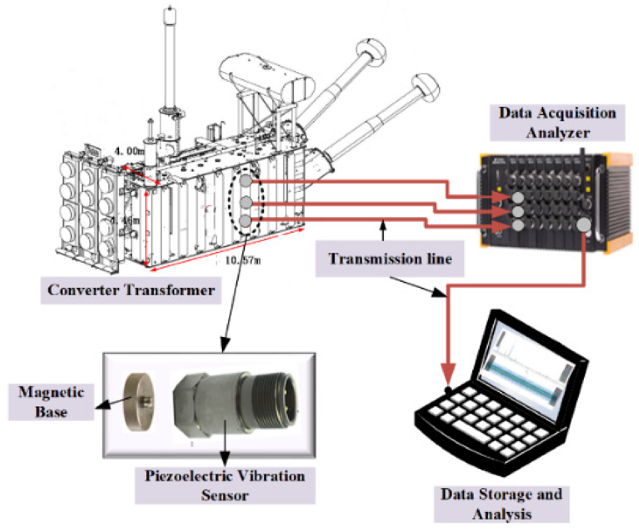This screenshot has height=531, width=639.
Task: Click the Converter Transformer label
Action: click(131, 291)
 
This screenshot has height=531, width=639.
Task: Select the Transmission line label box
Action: click(384, 259)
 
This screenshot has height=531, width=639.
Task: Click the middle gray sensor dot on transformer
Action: click(247, 202)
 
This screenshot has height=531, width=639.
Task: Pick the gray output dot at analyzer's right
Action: click(584, 227)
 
